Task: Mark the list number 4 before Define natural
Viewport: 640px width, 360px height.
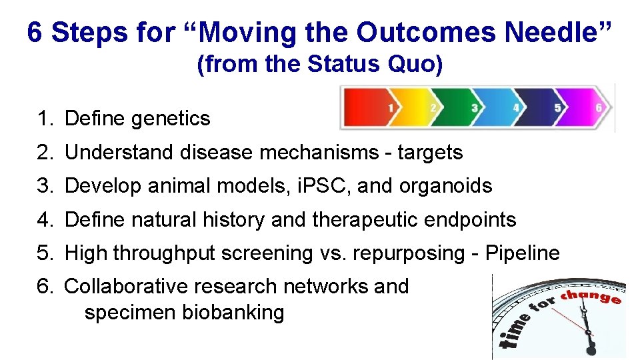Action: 44,219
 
